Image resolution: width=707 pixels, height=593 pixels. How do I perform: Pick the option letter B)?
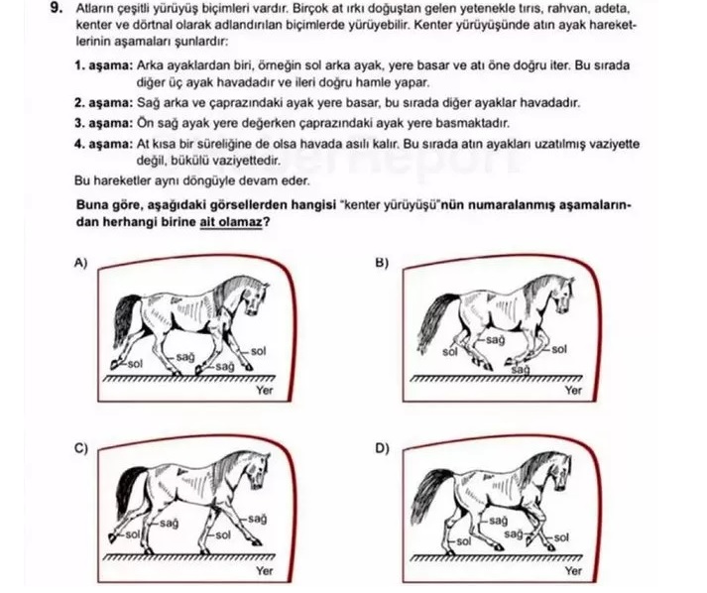(382, 263)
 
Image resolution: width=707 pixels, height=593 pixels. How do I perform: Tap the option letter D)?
(382, 448)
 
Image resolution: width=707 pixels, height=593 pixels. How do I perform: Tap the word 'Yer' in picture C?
(264, 571)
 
